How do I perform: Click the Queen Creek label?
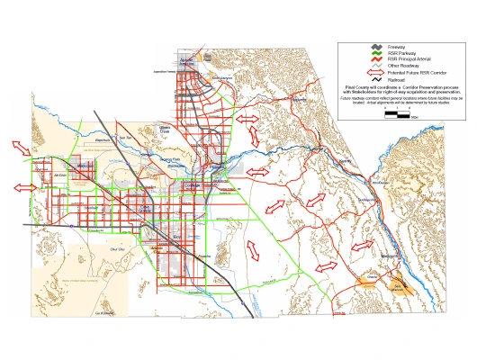coord(165,130)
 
